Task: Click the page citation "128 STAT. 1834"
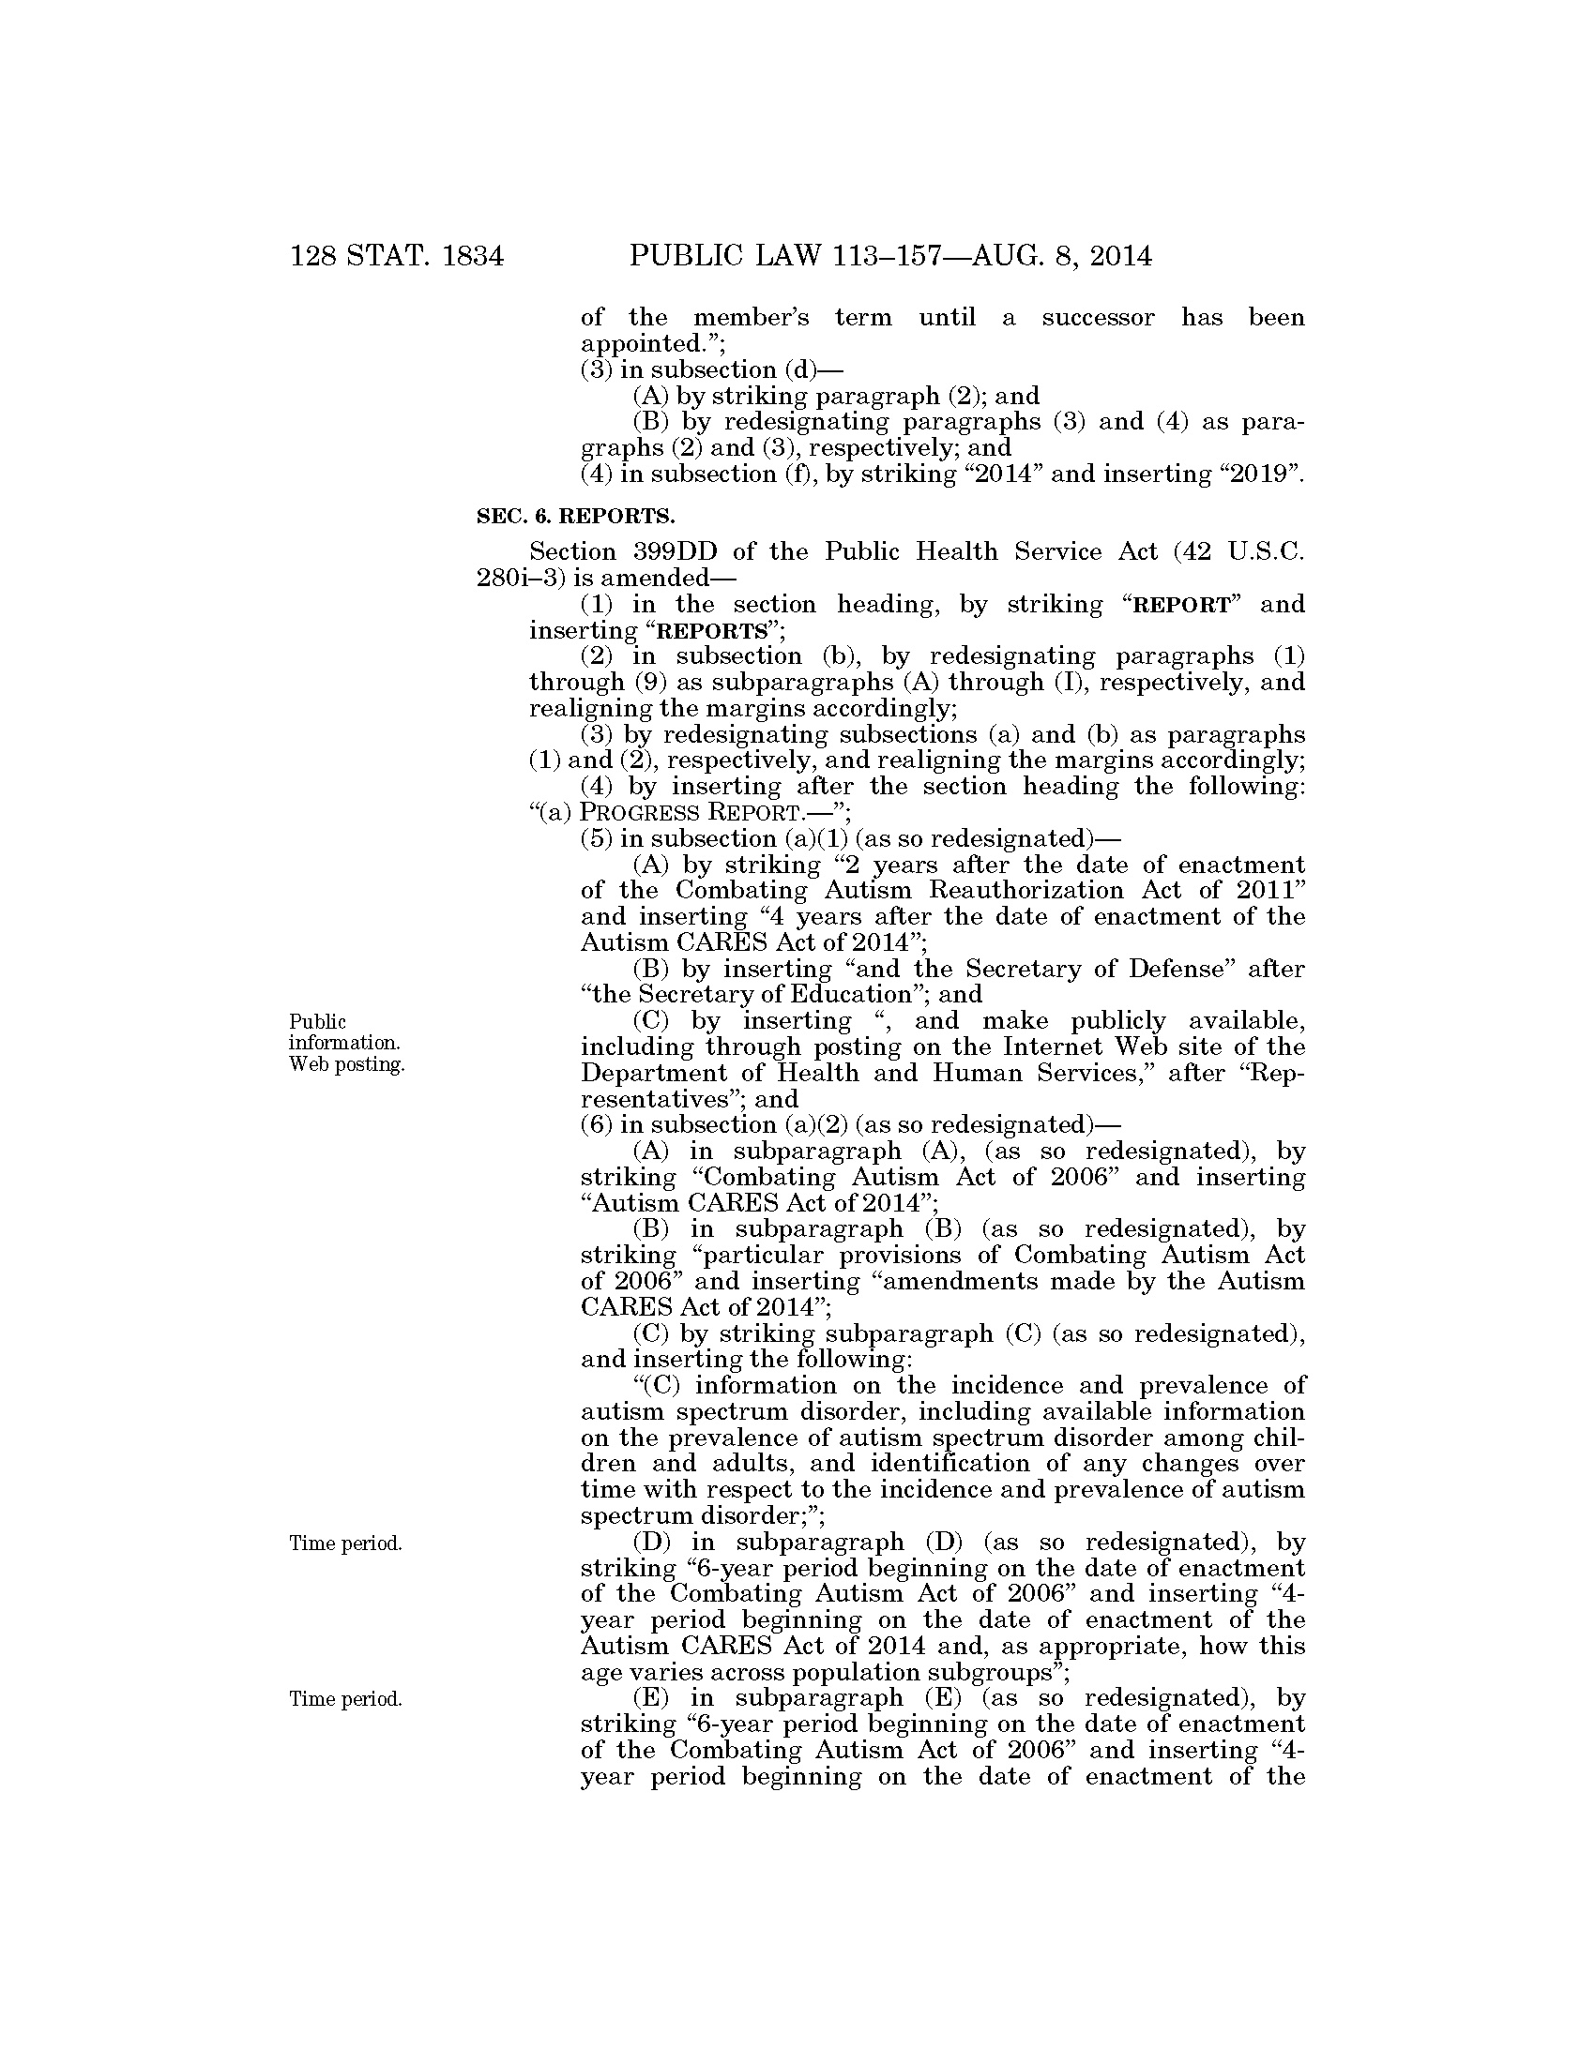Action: (x=397, y=257)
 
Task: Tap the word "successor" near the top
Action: (x=1097, y=317)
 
